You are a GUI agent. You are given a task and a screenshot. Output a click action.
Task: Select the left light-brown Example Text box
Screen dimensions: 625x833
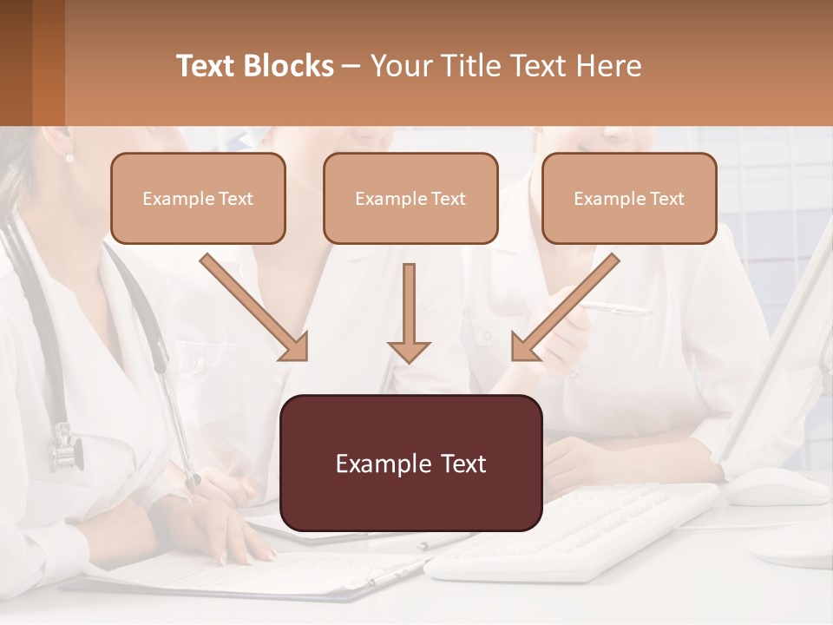point(198,198)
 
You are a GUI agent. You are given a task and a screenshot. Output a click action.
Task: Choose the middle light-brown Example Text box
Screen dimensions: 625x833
point(410,198)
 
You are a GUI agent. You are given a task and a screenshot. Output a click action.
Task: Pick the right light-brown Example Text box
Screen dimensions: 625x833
point(629,198)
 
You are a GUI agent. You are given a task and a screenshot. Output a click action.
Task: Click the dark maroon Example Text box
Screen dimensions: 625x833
point(410,463)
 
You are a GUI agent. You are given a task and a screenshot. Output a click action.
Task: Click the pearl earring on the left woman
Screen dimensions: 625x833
point(69,158)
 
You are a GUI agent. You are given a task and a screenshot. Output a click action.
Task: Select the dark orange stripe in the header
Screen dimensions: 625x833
point(48,62)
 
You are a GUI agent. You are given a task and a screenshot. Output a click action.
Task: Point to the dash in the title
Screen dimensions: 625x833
point(351,66)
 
